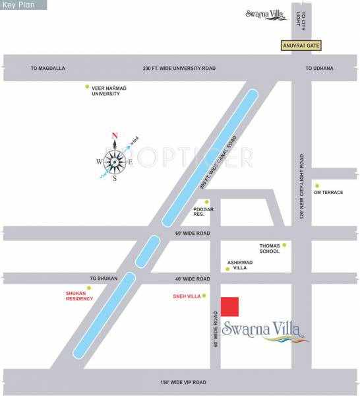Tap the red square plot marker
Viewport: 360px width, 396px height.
coord(229,307)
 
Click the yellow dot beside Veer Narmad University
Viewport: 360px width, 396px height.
coord(87,86)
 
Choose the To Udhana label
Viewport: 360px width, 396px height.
coord(320,68)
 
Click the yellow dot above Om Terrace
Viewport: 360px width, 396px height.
coord(317,185)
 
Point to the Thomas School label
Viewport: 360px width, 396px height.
coord(271,248)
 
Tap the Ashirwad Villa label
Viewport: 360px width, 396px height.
coord(239,265)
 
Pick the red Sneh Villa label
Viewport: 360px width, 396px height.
coord(185,296)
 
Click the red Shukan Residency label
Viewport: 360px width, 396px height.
coord(79,296)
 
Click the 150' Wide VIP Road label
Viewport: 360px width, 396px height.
coord(183,382)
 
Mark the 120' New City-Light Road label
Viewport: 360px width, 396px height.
coord(301,188)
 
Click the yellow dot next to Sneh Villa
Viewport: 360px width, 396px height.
coord(204,296)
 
